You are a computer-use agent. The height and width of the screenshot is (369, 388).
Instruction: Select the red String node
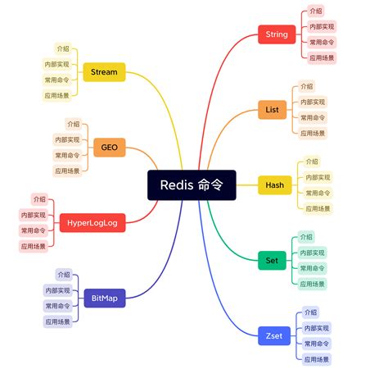(x=277, y=34)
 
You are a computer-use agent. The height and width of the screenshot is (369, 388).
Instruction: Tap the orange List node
(x=273, y=109)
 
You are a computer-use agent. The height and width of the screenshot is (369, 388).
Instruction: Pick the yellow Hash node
(x=274, y=184)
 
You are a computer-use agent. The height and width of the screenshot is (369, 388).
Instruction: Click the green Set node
(x=272, y=261)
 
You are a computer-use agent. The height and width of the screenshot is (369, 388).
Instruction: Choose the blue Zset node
(x=274, y=335)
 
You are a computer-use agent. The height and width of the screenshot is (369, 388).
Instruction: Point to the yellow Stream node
(x=104, y=72)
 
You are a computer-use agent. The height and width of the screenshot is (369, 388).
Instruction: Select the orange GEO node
(x=109, y=148)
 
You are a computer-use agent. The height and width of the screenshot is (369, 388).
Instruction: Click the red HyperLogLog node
(x=92, y=222)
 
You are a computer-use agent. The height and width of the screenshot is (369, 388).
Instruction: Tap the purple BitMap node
(x=104, y=298)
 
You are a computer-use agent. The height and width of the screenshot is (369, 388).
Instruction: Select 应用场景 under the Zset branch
(x=317, y=359)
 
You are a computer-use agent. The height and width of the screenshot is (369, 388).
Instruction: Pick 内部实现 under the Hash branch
(x=318, y=177)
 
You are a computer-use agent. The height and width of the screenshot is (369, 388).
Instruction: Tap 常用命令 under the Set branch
(x=313, y=268)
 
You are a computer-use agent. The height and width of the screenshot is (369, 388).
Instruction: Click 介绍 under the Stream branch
(x=63, y=48)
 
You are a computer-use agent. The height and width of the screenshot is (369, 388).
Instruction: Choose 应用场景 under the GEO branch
(x=67, y=171)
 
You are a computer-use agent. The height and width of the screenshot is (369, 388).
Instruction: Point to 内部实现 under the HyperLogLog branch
(x=33, y=214)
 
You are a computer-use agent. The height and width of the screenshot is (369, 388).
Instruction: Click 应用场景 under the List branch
(x=313, y=133)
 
